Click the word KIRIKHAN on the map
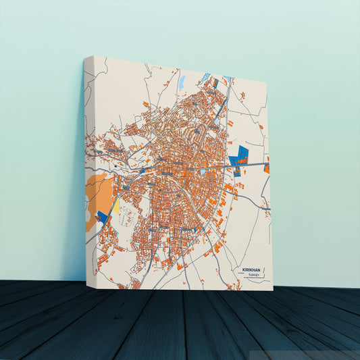point(251,269)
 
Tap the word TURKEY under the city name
point(254,276)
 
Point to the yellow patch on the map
point(115,205)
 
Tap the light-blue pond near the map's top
point(182,82)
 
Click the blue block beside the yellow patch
point(103,216)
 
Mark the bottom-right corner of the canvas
point(273,290)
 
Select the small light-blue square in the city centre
point(203,172)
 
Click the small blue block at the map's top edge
point(207,76)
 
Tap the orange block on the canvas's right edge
point(267,167)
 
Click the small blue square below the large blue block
point(237,172)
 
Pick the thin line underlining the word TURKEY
point(254,280)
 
